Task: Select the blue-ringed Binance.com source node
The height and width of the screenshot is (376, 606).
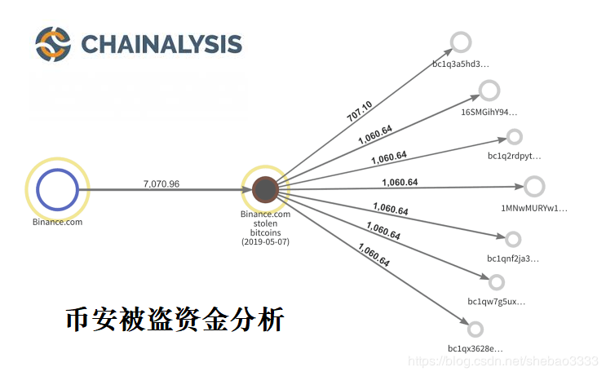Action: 56,189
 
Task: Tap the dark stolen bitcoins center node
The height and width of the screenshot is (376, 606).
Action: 265,190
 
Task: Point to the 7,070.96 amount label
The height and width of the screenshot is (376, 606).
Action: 161,184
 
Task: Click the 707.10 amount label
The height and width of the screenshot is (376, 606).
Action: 360,111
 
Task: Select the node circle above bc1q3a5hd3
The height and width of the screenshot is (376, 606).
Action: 462,42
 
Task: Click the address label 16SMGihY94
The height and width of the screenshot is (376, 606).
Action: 489,112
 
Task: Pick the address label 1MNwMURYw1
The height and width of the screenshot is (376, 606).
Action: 533,208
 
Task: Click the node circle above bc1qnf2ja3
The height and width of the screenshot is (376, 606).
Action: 513,239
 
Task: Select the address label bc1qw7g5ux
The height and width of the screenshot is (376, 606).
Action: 496,302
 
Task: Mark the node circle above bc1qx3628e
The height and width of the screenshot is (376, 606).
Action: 476,329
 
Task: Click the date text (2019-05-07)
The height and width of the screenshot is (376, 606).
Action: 265,242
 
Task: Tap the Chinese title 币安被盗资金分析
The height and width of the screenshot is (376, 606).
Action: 175,319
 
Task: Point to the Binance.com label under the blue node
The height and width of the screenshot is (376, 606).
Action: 57,221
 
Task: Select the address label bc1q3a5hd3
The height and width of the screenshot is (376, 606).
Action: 461,63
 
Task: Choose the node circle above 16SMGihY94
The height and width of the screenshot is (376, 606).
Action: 489,91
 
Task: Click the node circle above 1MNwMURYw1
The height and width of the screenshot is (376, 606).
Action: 534,186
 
